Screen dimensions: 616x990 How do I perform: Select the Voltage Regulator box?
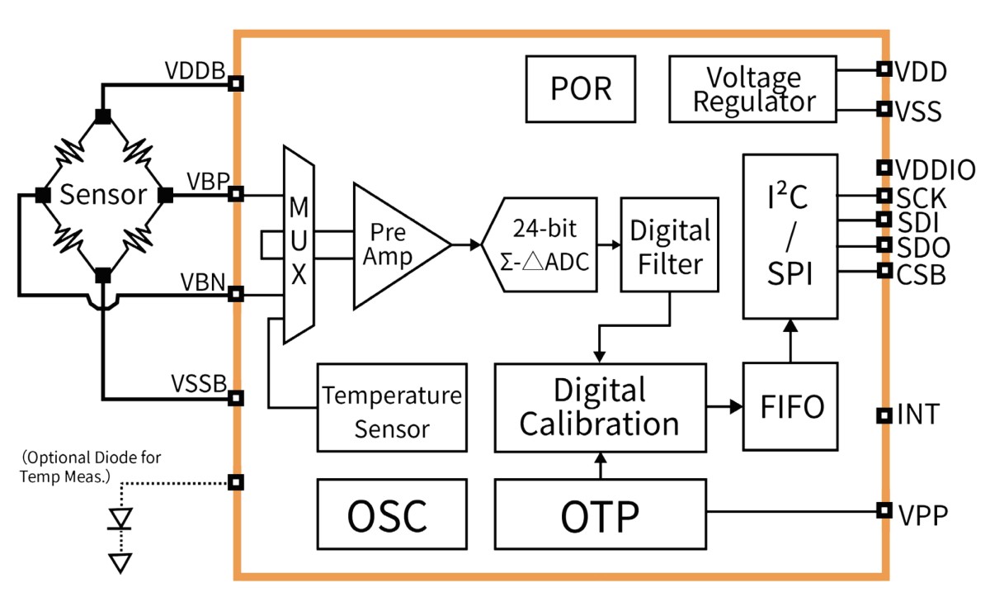753,89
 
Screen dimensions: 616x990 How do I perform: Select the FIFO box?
790,406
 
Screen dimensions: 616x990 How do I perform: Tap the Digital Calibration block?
600,407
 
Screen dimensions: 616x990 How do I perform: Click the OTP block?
600,516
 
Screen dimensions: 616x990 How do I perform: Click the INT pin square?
883,415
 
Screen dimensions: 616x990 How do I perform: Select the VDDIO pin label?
936,170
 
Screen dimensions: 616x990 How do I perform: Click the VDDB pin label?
195,72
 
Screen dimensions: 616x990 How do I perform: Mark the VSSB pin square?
236,398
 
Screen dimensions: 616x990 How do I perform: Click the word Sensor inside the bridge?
103,196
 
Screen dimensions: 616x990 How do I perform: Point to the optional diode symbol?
121,519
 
